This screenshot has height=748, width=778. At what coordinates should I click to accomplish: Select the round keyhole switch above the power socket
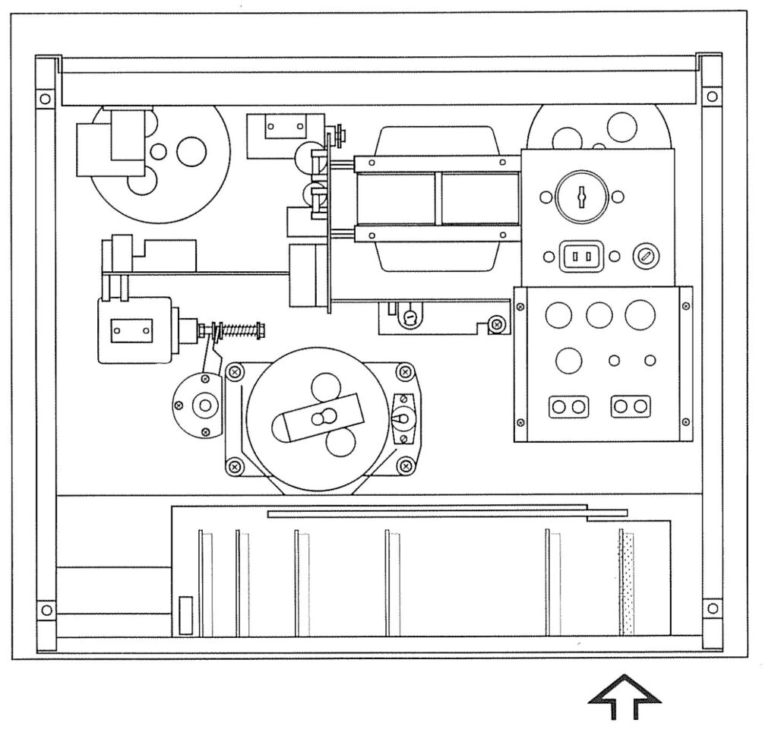582,197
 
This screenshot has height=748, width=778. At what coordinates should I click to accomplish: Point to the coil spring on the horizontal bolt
239,331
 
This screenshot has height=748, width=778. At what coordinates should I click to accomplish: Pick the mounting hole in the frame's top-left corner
45,98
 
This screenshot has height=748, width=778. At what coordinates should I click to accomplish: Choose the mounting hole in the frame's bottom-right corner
711,608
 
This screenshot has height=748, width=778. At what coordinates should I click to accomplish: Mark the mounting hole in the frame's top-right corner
711,96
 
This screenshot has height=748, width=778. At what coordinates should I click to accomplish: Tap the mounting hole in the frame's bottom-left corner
45,610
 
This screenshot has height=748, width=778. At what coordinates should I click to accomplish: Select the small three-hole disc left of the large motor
201,405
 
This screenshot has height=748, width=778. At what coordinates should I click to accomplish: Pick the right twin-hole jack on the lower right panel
631,406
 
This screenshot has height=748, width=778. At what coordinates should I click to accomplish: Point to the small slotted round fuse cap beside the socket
646,257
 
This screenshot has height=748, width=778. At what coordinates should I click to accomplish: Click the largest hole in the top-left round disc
191,151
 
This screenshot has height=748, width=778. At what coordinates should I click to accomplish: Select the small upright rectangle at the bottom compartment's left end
185,615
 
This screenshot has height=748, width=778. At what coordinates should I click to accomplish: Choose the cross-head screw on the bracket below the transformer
496,324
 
